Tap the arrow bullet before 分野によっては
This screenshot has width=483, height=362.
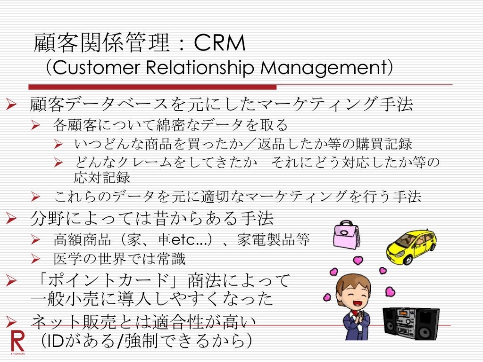click(x=11, y=218)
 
